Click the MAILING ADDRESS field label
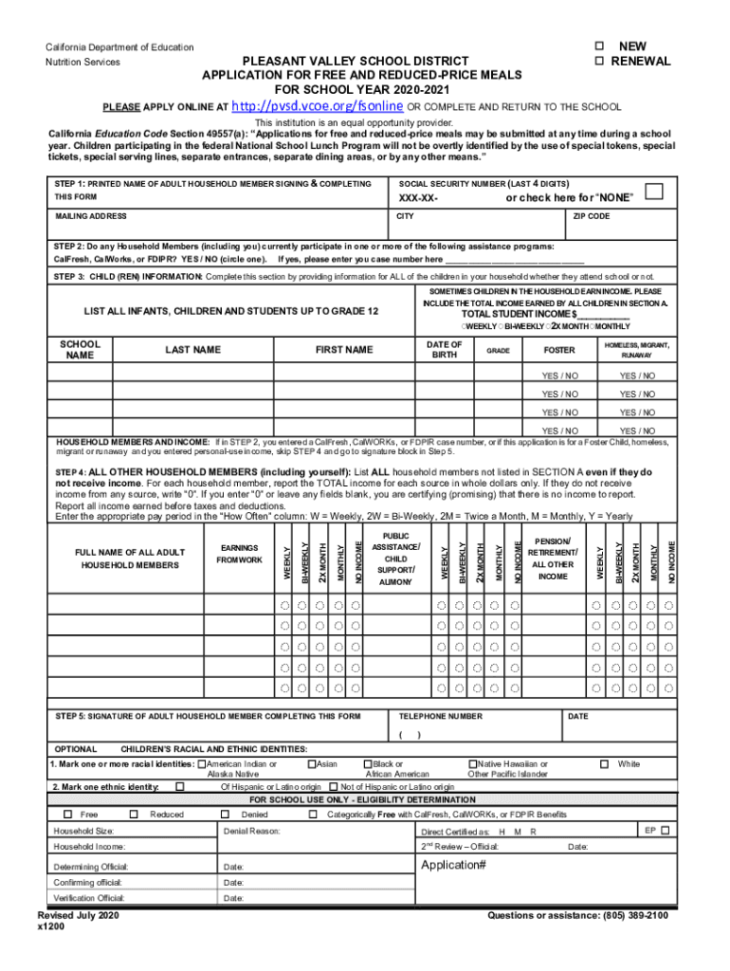coord(91,217)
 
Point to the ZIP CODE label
coord(592,217)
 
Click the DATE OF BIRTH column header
coord(445,350)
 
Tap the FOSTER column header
coord(558,350)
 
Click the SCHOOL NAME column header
coord(81,350)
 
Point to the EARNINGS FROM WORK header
coord(240,555)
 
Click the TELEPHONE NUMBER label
coord(441,716)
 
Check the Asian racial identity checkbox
coord(312,764)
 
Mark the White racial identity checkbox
coord(603,764)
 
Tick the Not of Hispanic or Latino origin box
coord(333,787)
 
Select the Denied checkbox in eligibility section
coord(225,815)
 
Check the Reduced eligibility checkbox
coord(134,815)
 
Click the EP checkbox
coord(665,831)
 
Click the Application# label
coord(453,866)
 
